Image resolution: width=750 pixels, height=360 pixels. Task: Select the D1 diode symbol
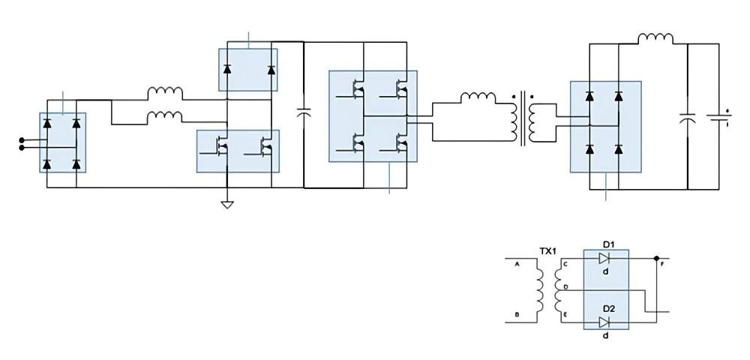pos(604,258)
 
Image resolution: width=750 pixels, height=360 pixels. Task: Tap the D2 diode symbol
pos(604,322)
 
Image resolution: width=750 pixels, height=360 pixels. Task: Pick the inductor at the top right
pos(655,37)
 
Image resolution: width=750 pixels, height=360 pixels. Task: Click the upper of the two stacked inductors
pos(165,92)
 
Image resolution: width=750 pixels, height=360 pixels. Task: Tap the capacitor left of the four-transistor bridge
pos(304,112)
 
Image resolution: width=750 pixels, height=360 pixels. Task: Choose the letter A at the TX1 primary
pos(517,264)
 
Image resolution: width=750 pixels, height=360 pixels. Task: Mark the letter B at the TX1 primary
pos(517,315)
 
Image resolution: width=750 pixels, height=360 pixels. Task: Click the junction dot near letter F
pos(657,258)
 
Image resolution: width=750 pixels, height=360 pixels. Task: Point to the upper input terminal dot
pos(21,139)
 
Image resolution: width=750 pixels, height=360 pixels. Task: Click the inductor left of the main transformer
pos(478,97)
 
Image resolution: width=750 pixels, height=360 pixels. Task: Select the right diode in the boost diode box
pos(271,70)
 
